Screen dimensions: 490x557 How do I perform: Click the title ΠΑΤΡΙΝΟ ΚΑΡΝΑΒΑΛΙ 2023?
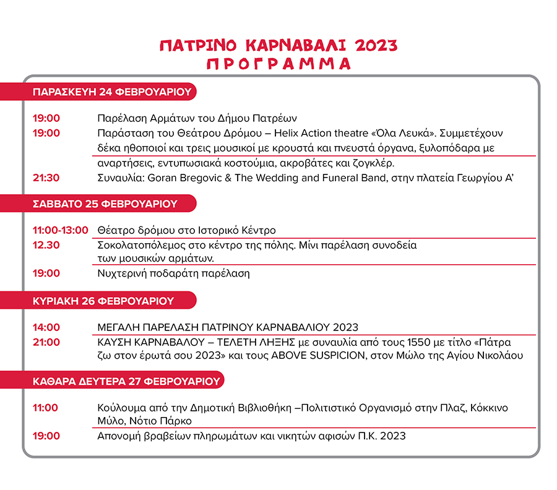[278, 46]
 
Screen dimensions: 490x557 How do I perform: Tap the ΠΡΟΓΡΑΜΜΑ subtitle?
[278, 64]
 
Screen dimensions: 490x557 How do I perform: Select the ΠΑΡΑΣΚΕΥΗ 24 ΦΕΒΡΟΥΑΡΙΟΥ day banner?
[111, 93]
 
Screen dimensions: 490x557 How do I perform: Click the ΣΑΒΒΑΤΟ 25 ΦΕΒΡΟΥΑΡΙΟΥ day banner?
[105, 204]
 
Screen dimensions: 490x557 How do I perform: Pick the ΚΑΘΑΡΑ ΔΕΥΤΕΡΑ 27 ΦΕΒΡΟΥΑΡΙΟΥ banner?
[126, 380]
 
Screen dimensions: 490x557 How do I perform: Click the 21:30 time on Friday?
[46, 178]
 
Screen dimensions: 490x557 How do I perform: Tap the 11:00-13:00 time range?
[61, 230]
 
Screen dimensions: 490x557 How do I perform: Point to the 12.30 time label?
[46, 245]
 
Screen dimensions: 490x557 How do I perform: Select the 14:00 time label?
[46, 327]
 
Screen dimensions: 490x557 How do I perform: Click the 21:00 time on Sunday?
[46, 342]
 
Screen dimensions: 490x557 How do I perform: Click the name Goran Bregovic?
[179, 178]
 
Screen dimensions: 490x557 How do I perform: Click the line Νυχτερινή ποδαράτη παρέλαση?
[173, 273]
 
